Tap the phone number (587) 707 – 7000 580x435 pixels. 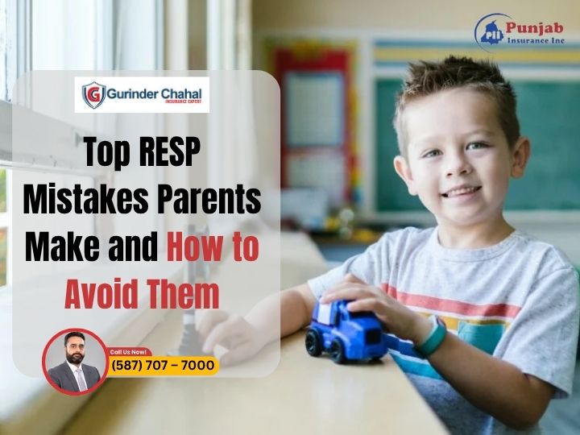tap(164, 366)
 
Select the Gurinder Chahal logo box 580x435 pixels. tap(142, 95)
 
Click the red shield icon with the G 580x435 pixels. tap(92, 95)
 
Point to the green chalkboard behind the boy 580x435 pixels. tap(548, 137)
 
